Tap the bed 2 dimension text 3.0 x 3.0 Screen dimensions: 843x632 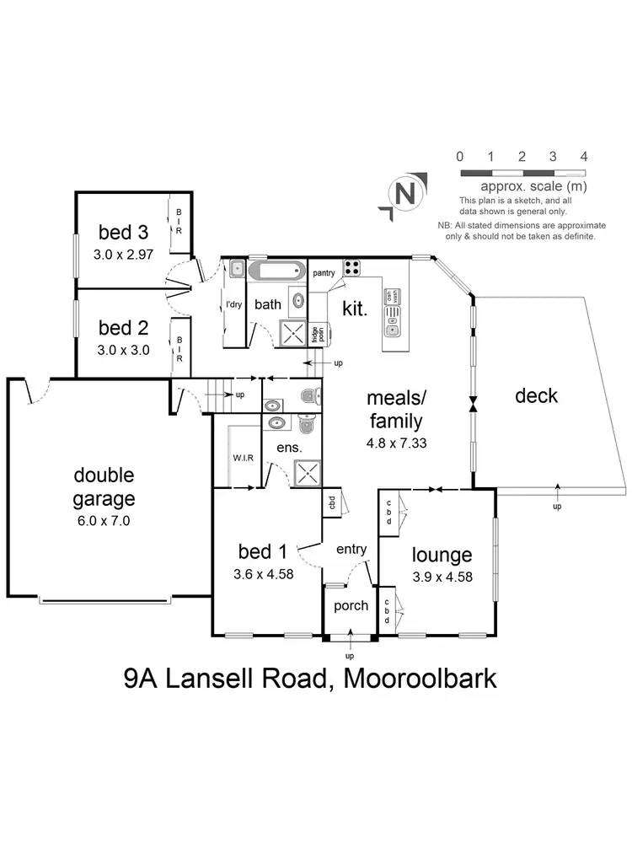[124, 350]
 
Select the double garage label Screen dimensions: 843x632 [104, 486]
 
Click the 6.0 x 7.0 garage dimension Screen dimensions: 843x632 [104, 520]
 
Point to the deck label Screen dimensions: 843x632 [536, 395]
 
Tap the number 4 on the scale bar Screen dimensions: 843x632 [584, 156]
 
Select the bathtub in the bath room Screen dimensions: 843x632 [278, 272]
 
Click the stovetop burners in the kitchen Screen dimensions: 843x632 [351, 269]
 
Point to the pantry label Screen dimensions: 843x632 [324, 273]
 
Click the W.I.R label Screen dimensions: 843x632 [244, 459]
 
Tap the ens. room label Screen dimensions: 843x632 [289, 448]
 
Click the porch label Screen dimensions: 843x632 [351, 605]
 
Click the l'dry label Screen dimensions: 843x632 [234, 305]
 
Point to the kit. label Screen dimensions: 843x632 [356, 309]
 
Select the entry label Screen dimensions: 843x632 [351, 550]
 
